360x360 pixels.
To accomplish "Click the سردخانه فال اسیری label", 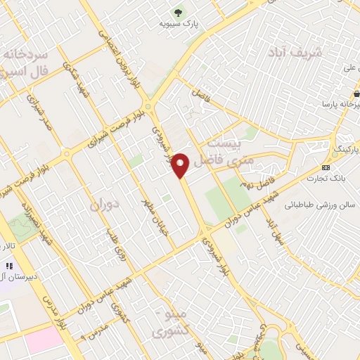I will click(x=24, y=63).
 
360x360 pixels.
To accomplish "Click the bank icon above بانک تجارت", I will click(x=326, y=167).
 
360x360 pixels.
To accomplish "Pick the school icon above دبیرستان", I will click(x=10, y=266).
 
